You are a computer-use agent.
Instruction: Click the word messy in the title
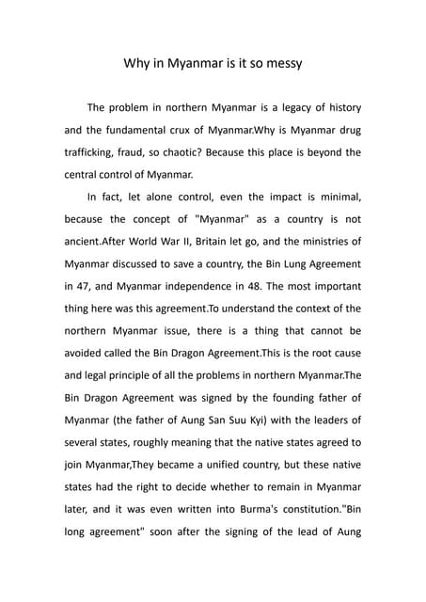coord(279,66)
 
